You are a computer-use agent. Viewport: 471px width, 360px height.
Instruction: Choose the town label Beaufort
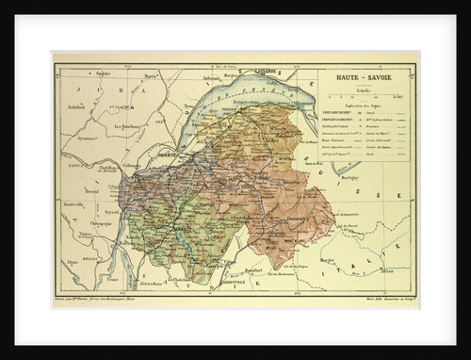248,272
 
